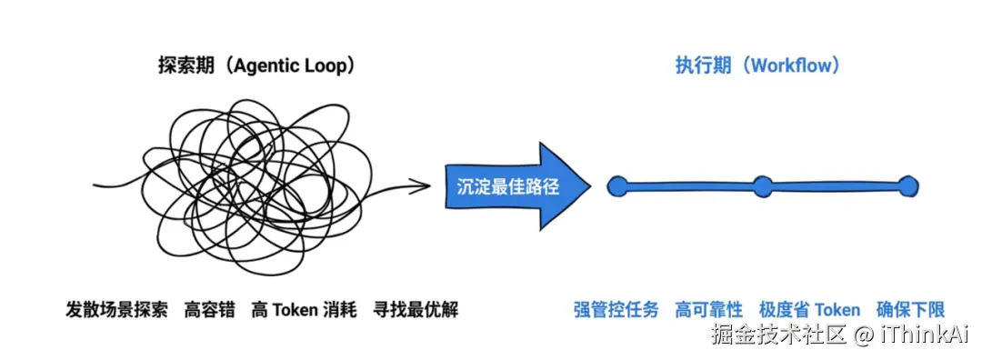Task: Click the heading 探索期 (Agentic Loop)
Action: point(256,65)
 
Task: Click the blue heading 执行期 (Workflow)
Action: point(757,65)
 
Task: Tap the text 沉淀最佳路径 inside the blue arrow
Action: point(507,186)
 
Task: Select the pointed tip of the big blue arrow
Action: point(591,186)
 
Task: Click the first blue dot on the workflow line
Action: point(617,186)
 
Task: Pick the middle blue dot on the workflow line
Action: point(762,186)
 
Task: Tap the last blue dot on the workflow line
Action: point(907,186)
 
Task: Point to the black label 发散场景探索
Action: point(117,310)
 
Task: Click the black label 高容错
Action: point(210,310)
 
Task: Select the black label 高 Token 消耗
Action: point(304,310)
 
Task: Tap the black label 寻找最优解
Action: point(416,310)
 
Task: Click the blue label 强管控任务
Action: point(616,310)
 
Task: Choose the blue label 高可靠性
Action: point(709,310)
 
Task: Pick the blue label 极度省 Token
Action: point(810,310)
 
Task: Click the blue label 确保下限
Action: point(910,310)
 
